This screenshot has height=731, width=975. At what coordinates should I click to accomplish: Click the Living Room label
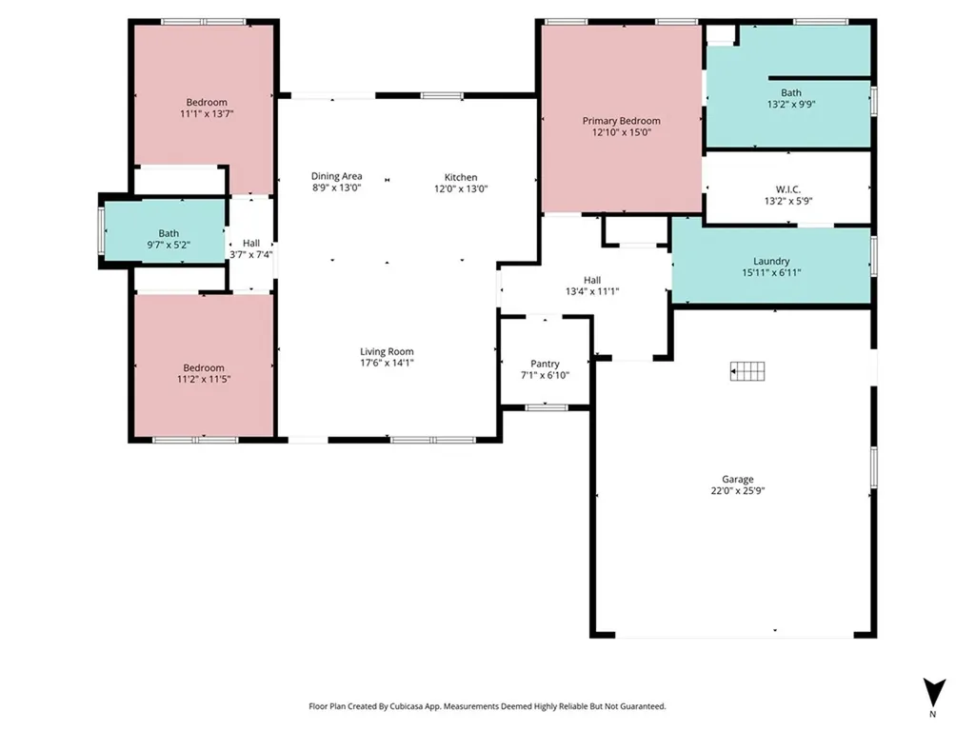[x=387, y=351]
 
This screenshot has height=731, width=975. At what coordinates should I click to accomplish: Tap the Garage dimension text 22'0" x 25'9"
[x=738, y=490]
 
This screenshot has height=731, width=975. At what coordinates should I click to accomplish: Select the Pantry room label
[x=545, y=364]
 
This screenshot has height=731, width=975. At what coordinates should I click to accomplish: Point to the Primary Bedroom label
[x=621, y=121]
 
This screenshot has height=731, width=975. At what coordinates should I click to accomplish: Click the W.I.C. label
[x=787, y=189]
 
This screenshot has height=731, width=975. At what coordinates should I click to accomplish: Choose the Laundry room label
[x=771, y=261]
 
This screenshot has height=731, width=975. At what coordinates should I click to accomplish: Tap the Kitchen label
[x=461, y=177]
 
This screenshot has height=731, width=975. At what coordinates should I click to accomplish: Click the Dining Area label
[x=336, y=176]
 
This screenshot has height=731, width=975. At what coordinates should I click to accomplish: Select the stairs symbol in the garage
[x=747, y=371]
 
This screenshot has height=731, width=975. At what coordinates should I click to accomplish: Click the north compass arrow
[x=934, y=692]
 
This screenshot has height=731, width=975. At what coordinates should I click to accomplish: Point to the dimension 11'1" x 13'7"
[x=207, y=114]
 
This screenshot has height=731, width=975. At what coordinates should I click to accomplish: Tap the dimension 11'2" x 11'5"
[x=204, y=379]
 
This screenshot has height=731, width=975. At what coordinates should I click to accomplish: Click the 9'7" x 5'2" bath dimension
[x=169, y=245]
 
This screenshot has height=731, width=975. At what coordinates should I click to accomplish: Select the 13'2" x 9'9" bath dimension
[x=791, y=105]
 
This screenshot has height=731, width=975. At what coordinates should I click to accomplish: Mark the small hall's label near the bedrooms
[x=251, y=243]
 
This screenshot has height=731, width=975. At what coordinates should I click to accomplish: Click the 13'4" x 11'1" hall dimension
[x=592, y=291]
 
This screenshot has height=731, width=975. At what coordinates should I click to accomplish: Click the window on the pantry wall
[x=547, y=407]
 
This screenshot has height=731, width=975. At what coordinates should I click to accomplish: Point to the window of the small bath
[x=101, y=230]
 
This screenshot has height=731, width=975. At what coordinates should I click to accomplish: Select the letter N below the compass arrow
[x=932, y=714]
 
